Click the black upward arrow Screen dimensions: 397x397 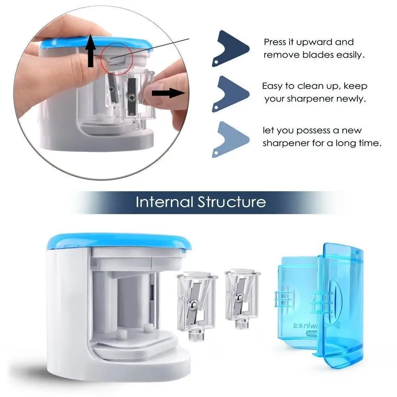91,50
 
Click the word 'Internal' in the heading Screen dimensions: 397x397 165,202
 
